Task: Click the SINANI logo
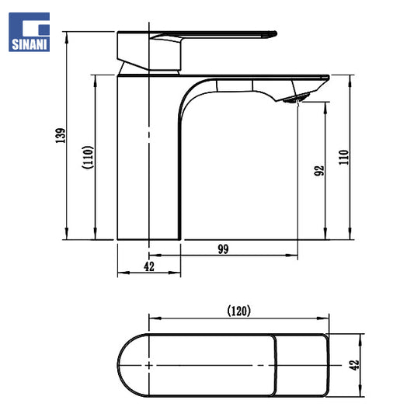[29, 32]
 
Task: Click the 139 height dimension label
[61, 135]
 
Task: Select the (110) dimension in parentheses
[88, 158]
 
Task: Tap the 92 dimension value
[319, 171]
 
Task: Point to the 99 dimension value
[224, 249]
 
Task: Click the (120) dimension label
[238, 311]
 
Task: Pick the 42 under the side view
[149, 266]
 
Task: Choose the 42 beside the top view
[354, 365]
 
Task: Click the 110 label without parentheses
[344, 158]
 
